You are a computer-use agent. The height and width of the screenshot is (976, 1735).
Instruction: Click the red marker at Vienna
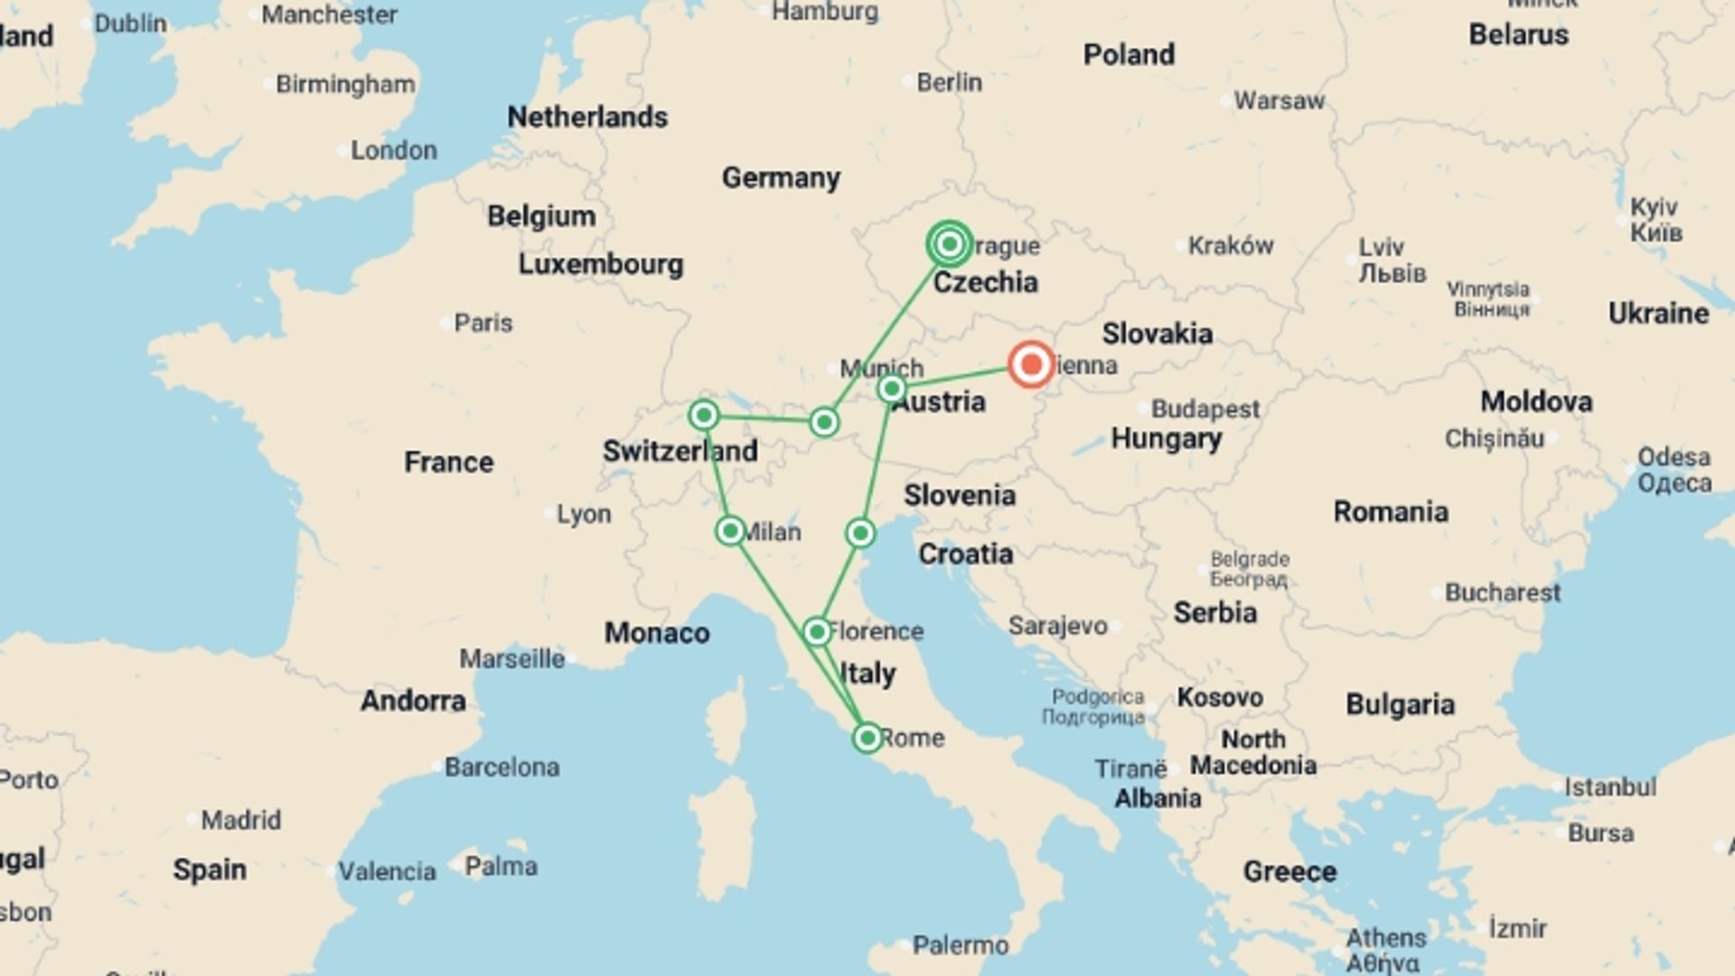(1031, 364)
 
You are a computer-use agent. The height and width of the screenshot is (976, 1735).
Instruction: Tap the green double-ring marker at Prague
(949, 244)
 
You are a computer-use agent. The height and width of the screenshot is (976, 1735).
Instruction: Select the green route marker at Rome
(867, 738)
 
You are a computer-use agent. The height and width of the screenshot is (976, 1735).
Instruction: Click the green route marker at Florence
(817, 632)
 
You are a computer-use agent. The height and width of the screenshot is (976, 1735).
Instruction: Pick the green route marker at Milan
(730, 530)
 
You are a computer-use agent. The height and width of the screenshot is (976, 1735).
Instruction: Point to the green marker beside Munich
(892, 389)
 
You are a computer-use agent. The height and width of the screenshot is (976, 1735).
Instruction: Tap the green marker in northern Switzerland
(704, 416)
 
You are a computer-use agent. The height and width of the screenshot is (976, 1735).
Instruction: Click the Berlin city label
(949, 82)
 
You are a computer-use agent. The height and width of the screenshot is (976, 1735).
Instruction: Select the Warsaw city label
(1279, 100)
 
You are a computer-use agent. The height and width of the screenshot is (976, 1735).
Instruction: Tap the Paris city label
(483, 323)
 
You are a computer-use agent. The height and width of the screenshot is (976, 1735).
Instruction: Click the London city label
(393, 150)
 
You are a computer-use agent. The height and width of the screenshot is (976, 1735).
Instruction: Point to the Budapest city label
(1205, 408)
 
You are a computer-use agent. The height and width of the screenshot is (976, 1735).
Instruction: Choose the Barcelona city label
(502, 767)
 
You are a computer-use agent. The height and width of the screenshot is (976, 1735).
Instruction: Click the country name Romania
(1391, 511)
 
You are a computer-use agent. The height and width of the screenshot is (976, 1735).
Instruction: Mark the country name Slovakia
(1157, 333)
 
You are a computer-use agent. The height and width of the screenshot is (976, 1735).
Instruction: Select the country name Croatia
(965, 554)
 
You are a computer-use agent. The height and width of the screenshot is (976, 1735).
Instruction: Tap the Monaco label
(656, 633)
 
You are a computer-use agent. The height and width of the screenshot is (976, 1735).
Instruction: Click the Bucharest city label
(1502, 593)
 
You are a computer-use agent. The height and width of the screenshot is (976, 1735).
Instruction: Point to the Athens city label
(1385, 938)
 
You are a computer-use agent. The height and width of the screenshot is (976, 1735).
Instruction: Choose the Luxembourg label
(600, 264)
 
